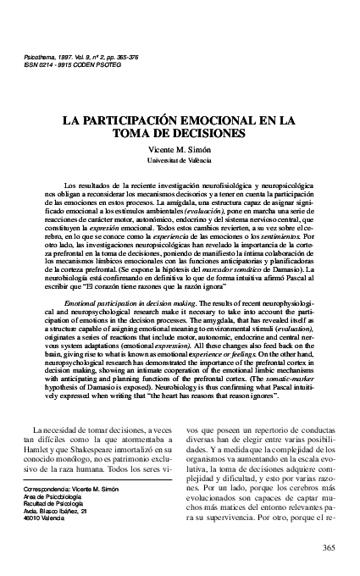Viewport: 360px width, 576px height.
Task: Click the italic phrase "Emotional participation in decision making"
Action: coord(125,301)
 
